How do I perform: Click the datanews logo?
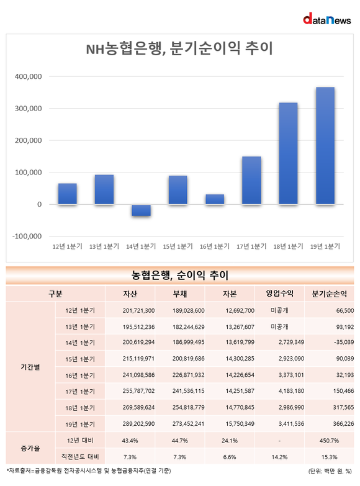(x=327, y=19)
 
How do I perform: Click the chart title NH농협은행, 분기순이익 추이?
(x=179, y=48)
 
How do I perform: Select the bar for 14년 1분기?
(x=141, y=210)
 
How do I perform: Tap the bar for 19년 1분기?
(x=325, y=146)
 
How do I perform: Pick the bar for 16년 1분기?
(x=215, y=199)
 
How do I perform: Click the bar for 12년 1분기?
(x=67, y=194)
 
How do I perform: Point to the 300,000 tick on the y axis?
(x=28, y=109)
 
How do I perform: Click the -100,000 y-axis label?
(x=27, y=236)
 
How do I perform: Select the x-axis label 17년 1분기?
(x=251, y=246)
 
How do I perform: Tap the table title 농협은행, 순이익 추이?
(x=180, y=275)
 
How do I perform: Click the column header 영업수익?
(x=280, y=294)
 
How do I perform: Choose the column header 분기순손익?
(x=330, y=294)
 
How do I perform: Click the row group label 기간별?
(x=30, y=367)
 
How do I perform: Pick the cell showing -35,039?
(x=344, y=342)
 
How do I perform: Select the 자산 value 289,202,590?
(x=138, y=424)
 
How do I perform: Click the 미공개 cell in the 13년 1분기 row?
(x=280, y=326)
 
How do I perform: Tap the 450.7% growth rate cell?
(x=330, y=441)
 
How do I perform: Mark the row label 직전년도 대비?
(x=80, y=457)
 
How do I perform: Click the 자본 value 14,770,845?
(x=240, y=407)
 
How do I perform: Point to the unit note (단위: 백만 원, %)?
(x=330, y=472)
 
